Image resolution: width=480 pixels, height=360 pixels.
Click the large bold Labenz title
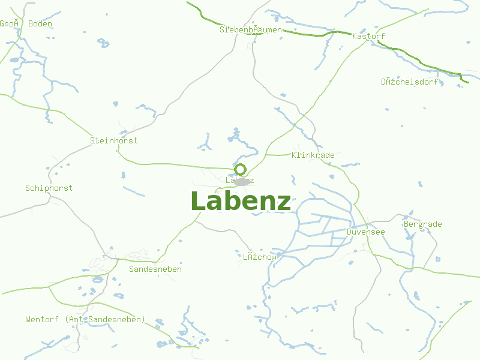241,202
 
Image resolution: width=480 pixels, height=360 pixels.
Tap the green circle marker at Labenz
241,169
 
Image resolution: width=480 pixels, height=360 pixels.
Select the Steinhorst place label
113,140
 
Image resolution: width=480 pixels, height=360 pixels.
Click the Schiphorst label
49,188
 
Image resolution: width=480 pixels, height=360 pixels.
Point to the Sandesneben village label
155,269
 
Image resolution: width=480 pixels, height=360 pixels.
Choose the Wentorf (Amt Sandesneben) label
85,319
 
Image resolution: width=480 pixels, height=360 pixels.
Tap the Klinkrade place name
313,155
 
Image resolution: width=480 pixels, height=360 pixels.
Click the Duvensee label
365,232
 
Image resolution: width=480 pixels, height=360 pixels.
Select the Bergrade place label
422,224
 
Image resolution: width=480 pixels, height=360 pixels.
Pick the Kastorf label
368,36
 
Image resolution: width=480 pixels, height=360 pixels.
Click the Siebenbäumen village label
250,29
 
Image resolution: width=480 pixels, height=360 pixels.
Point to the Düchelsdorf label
410,82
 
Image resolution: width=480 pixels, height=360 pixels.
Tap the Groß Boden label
26,24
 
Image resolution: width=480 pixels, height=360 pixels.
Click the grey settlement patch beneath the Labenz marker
242,181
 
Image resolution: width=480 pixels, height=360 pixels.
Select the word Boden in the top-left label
40,24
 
